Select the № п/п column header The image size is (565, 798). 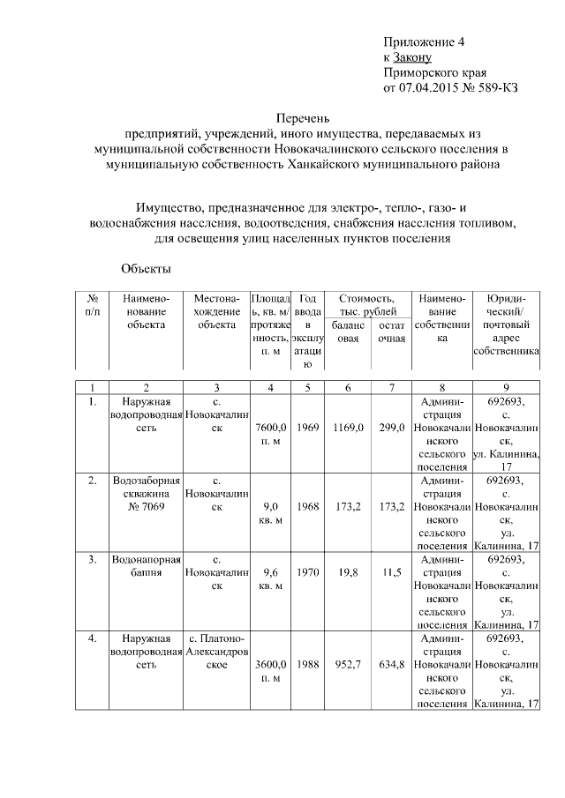pos(92,305)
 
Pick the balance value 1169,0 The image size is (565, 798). pos(349,428)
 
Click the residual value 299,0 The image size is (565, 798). pos(389,428)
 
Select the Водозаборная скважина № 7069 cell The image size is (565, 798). pos(146,494)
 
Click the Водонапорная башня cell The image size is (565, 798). pos(146,565)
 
